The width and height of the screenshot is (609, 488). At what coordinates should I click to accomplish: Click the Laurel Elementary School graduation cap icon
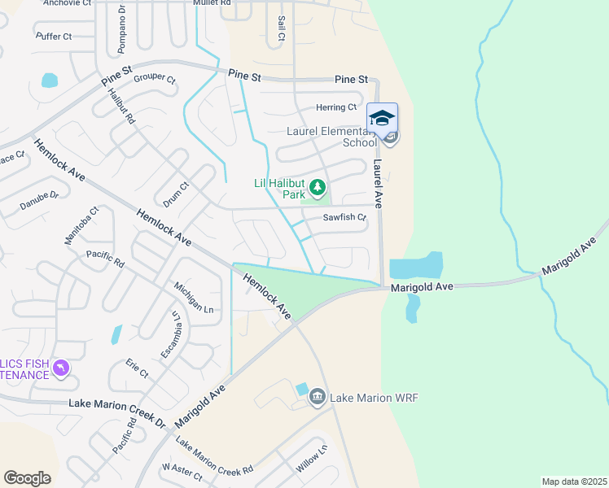382,118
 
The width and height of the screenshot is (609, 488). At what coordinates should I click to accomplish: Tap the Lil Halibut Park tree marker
317,190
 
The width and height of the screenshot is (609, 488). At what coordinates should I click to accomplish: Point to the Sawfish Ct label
345,218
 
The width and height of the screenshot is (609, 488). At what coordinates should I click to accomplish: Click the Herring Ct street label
336,107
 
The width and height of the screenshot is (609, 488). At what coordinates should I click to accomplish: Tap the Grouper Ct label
155,79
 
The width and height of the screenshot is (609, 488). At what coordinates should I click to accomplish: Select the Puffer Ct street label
55,37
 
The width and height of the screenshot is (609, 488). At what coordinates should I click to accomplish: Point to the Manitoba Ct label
81,225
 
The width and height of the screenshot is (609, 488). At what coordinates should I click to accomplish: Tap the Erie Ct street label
136,368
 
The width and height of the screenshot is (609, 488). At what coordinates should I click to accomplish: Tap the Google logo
27,478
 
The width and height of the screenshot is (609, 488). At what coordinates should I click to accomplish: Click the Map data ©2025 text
574,481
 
